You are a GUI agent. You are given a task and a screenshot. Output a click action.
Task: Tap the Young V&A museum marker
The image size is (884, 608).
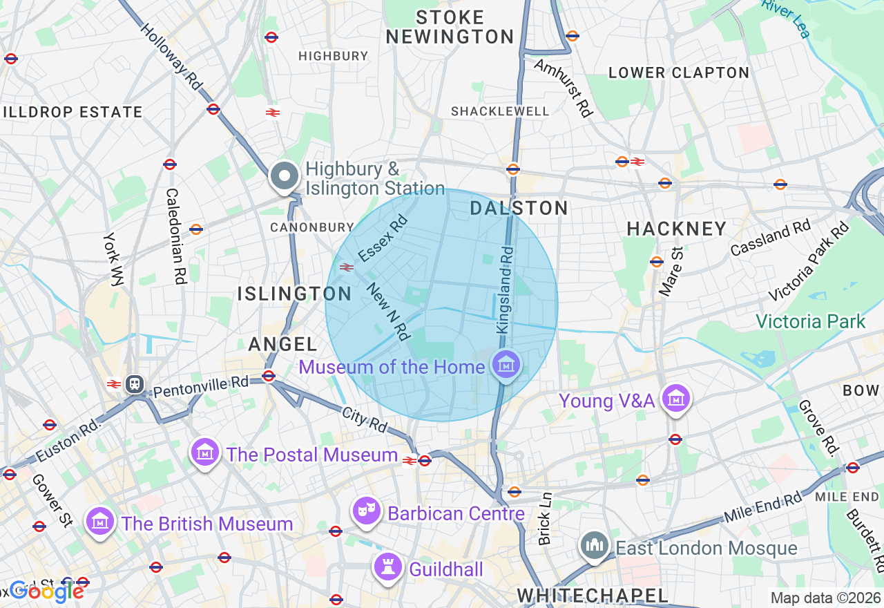coord(676,399)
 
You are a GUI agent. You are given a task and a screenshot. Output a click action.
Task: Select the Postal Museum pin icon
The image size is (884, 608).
coord(205,453)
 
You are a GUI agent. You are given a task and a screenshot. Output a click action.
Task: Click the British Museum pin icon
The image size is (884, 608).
coord(101,522)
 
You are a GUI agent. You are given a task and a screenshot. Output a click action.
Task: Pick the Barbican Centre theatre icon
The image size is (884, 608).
coord(367,512)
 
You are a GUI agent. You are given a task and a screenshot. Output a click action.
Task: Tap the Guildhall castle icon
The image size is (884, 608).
coord(388,567)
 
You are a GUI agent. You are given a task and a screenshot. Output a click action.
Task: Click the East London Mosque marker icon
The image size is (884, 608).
coord(595,547)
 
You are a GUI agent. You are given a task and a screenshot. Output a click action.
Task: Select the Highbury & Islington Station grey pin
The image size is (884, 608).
coord(285,176)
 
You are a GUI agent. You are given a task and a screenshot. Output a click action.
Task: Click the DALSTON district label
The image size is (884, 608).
coord(519,208)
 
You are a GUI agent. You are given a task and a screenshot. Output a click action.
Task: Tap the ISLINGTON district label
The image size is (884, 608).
coord(295,294)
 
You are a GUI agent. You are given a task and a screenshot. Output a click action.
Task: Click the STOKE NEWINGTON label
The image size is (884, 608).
coord(450,27)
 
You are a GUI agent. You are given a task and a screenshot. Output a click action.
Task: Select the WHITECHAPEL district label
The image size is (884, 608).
coord(593,596)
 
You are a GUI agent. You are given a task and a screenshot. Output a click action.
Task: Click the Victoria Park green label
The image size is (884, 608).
coord(810,321)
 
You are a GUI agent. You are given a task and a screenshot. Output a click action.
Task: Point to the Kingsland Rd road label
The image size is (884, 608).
coord(505,292)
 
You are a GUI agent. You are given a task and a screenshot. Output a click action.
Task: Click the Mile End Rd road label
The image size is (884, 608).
coord(764,506)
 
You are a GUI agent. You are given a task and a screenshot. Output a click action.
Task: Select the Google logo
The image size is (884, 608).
coord(46,591)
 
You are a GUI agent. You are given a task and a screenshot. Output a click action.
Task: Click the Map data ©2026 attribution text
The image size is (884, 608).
coord(825,598)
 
